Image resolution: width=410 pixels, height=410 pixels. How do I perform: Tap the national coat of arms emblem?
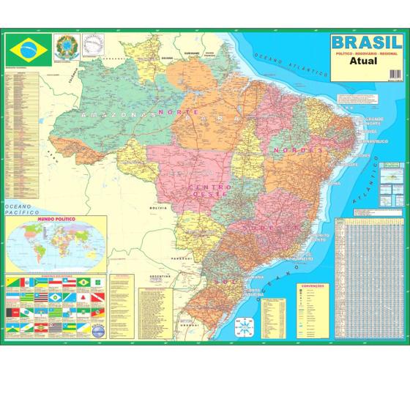click(x=64, y=48)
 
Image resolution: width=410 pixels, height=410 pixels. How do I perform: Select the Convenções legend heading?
click(x=311, y=266)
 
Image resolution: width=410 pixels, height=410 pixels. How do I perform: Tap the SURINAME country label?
click(x=192, y=53)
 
